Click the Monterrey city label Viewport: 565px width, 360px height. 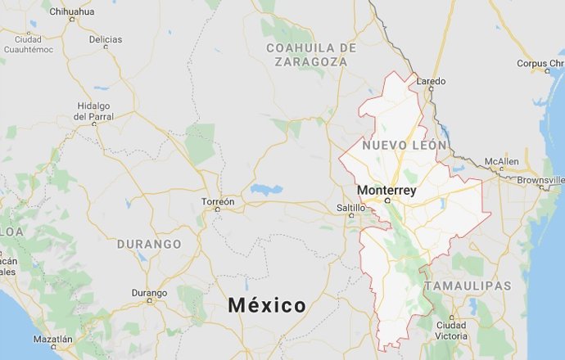coord(386,190)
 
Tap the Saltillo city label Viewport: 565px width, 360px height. coord(351,208)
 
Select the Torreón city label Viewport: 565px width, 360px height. coord(218,200)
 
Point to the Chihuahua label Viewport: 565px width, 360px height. coord(72,11)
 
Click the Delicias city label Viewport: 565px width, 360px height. coord(105,39)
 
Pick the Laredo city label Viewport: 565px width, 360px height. coord(432,81)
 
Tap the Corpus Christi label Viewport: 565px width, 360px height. coord(540,63)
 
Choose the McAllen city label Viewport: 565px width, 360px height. coord(501,161)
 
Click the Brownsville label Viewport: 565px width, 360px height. coord(540,179)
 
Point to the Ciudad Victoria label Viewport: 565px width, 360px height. coord(451,329)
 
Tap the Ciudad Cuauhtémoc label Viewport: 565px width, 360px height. coord(28,44)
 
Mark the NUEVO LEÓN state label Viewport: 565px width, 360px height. coord(405,145)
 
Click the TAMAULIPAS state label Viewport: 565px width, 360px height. coord(468,286)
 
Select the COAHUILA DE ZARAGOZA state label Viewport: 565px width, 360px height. coord(312,54)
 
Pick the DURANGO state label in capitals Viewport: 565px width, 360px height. coord(149,244)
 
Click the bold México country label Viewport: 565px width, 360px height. coord(267,305)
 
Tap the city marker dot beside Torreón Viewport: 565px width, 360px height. coord(217,209)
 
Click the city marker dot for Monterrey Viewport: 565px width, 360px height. coord(387,199)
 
